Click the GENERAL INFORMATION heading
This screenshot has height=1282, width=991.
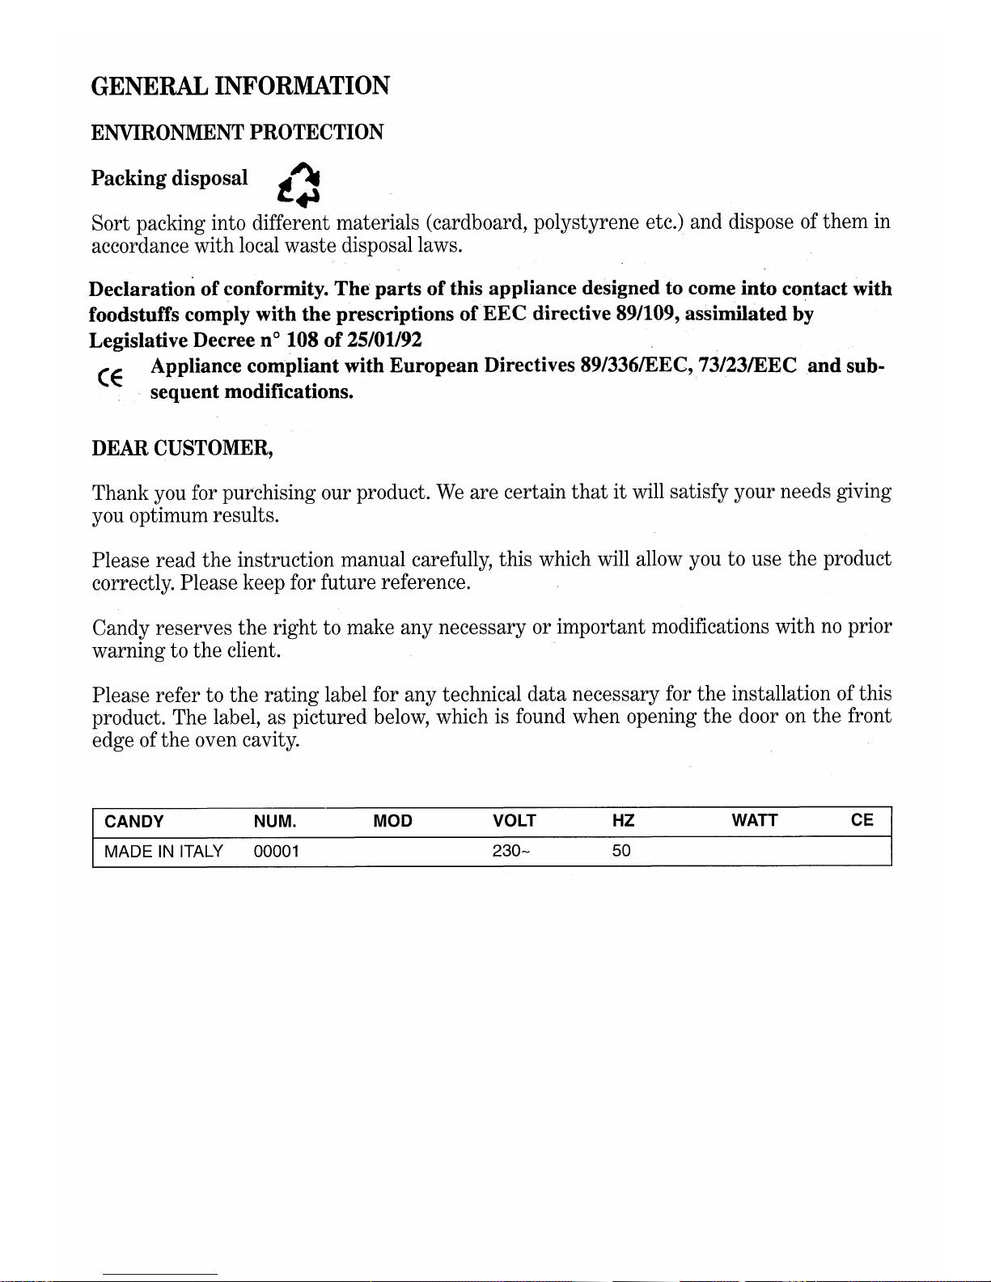click(x=240, y=86)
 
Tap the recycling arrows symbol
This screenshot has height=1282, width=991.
click(x=298, y=183)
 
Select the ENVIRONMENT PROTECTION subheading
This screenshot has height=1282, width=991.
click(x=237, y=132)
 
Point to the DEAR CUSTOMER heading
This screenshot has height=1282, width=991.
click(x=182, y=447)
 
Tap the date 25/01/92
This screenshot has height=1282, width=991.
click(x=384, y=340)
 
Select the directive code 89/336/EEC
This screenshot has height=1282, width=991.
click(x=635, y=366)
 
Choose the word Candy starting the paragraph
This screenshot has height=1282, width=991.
click(x=121, y=628)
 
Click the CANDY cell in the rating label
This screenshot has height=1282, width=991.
click(x=134, y=822)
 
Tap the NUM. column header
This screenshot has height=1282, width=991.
click(x=275, y=822)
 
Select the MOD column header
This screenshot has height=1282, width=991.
click(x=393, y=822)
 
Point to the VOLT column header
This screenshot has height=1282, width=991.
click(x=515, y=821)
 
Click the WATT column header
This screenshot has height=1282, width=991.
click(x=755, y=821)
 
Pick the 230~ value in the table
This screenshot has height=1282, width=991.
click(x=511, y=851)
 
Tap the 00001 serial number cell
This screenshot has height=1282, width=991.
click(x=277, y=851)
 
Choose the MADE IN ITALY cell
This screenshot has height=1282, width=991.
click(x=164, y=851)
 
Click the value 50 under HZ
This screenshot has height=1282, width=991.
click(x=621, y=851)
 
